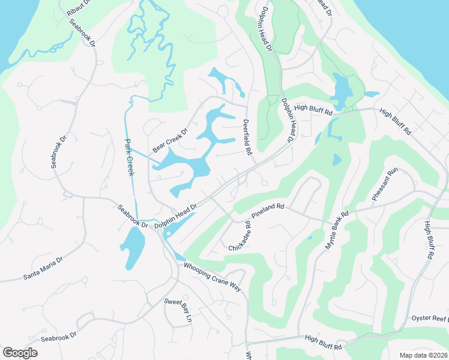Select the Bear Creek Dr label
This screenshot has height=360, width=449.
pos(170,139)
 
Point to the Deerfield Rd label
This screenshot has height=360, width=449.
pos(247,137)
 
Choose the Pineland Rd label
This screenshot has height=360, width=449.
pos(268,210)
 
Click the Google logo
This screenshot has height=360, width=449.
pos(20,353)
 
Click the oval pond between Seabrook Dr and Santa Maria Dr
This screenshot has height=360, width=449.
pos(133,248)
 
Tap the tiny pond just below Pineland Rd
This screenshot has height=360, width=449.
pos(309,238)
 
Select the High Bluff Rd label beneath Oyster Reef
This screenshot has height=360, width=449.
pos(322,343)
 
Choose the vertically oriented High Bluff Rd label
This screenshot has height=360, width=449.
pos(429,240)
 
